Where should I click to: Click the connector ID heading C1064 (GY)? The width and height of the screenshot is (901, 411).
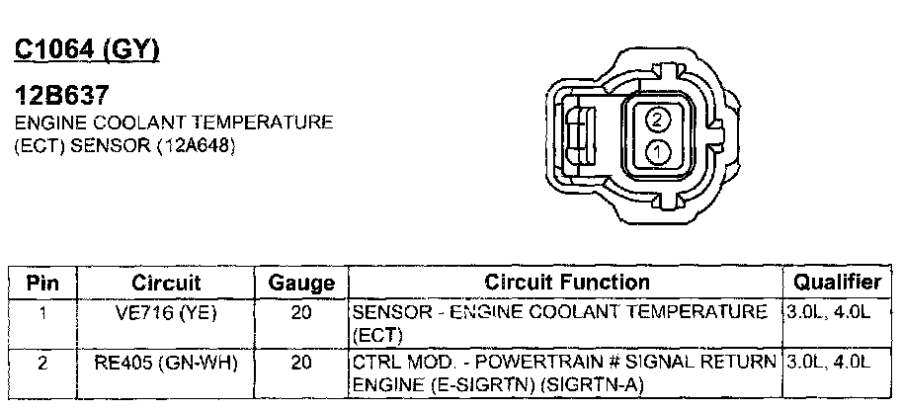tap(87, 50)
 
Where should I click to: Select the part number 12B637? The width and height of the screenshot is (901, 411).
tap(61, 95)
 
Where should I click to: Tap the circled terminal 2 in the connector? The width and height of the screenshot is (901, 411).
tap(658, 120)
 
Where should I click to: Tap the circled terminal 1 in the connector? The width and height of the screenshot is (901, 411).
tap(658, 153)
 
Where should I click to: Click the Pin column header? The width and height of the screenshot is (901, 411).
tap(42, 283)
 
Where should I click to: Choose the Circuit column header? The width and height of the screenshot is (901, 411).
tap(166, 283)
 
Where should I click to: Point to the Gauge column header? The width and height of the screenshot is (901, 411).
tap(301, 283)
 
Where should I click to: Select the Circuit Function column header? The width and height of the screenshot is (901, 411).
tap(566, 283)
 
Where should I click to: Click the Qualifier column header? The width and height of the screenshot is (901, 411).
tap(837, 282)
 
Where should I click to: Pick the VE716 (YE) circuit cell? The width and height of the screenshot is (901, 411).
tap(166, 313)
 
